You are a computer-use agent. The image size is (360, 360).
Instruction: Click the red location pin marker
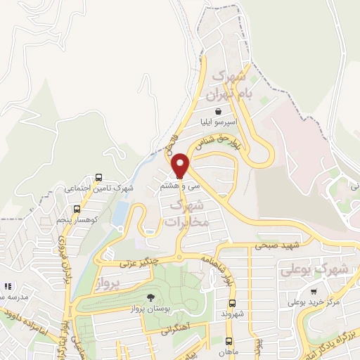click(x=180, y=166)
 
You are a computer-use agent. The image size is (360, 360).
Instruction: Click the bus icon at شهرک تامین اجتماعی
click(x=98, y=177)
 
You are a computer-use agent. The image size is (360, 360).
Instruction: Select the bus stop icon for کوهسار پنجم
click(x=77, y=209)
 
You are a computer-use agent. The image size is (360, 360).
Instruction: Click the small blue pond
click(x=120, y=212)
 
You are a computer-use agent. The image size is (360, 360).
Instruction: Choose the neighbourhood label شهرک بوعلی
click(x=323, y=269)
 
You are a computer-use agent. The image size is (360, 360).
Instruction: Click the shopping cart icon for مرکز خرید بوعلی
click(x=313, y=292)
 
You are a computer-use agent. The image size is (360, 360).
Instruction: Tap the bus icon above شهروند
click(x=231, y=303)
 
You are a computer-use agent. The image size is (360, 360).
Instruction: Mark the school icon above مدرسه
click(x=8, y=287)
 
